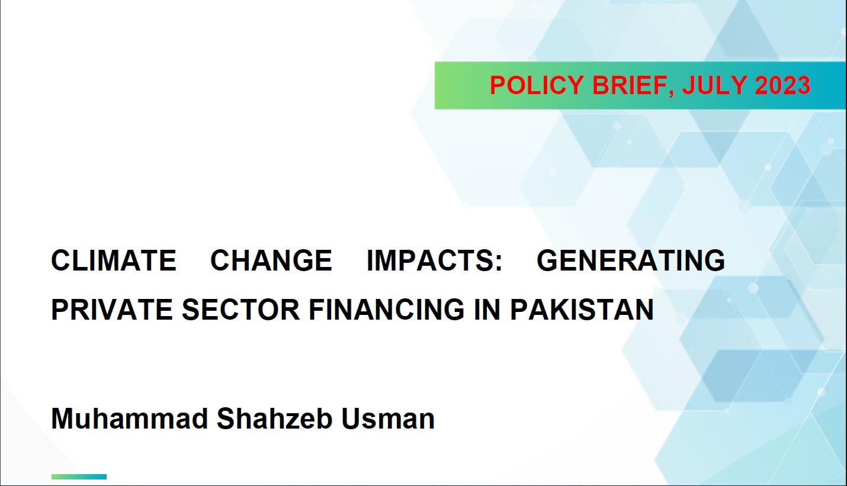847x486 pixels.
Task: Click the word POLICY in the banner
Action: click(538, 85)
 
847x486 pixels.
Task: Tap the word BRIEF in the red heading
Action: click(631, 85)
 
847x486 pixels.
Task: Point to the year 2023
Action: click(782, 85)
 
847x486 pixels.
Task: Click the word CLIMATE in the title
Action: click(114, 260)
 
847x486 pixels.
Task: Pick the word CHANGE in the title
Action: click(271, 260)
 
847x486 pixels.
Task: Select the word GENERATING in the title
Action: click(631, 260)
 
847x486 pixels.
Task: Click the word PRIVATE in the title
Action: click(113, 310)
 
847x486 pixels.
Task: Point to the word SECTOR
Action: click(241, 310)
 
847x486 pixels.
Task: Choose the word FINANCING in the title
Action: click(386, 310)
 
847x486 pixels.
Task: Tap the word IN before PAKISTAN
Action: click(487, 310)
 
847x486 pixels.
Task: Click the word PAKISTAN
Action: click(582, 310)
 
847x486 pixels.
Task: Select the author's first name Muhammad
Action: click(130, 419)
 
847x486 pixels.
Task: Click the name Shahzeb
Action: click(274, 419)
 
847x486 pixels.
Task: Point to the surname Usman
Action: click(388, 419)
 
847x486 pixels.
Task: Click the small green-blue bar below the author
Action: click(79, 477)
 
